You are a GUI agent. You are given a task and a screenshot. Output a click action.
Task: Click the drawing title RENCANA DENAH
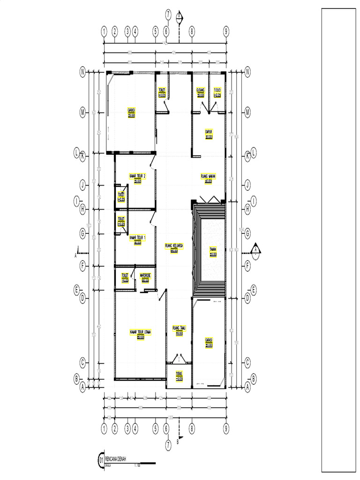tap(115, 459)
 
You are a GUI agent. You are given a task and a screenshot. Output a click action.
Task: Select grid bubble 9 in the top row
tap(226, 31)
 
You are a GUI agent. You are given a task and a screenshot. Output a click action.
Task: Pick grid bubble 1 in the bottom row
tap(104, 428)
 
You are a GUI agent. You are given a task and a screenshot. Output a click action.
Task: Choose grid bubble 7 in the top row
tap(168, 15)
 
